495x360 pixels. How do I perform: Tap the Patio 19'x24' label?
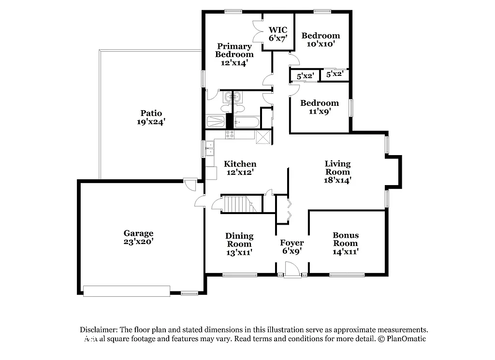pyautogui.click(x=151, y=118)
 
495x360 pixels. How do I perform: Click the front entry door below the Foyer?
pyautogui.click(x=291, y=271)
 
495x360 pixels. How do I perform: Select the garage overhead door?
pyautogui.click(x=127, y=290)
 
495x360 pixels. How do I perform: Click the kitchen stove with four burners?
pyautogui.click(x=230, y=135)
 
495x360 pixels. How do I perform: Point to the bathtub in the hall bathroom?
pyautogui.click(x=246, y=122)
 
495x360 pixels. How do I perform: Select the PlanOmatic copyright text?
pyautogui.click(x=402, y=339)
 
